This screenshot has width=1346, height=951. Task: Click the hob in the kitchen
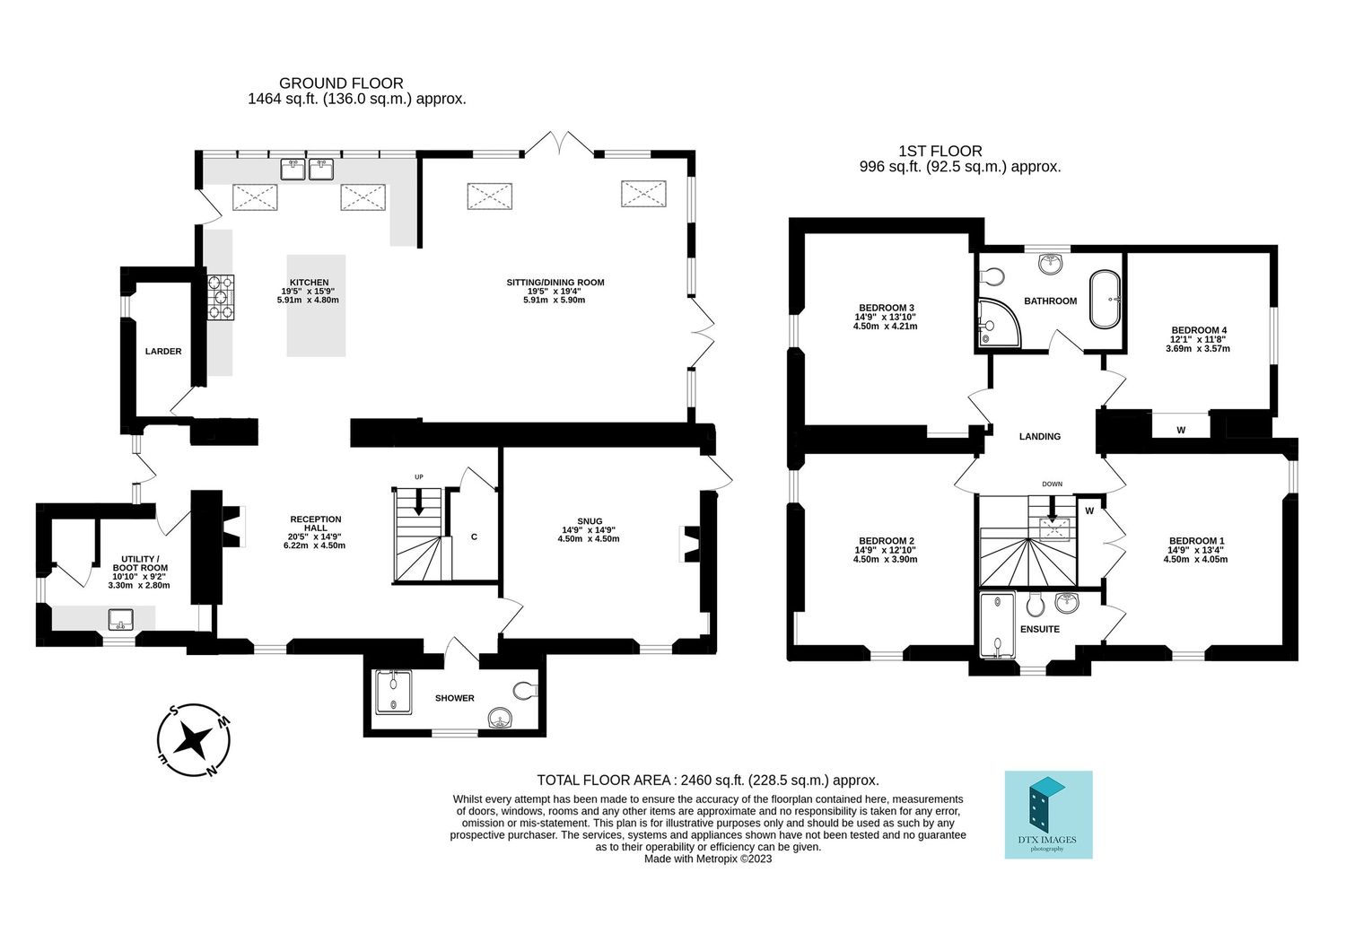point(221,297)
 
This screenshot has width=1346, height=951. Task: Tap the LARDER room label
point(163,352)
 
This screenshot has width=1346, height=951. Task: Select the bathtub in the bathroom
point(1105,300)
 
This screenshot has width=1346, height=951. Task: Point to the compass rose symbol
point(193,741)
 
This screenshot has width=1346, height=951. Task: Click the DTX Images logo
point(1049,815)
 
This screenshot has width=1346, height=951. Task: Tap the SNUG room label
point(590,521)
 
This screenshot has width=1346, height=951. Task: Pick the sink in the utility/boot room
point(121,619)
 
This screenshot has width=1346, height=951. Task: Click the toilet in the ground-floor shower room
point(526,690)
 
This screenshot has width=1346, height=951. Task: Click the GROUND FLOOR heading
point(341,83)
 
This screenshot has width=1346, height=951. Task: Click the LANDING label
point(1040,437)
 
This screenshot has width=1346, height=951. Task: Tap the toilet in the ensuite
point(1035,605)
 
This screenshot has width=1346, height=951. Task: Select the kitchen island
point(316,306)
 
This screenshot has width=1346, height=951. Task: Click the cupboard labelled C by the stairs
point(474,537)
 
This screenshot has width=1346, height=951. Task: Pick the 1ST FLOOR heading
point(940,152)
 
